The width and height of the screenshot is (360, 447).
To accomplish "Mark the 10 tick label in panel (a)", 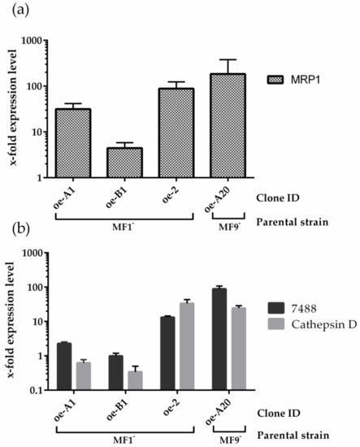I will coord(33,132).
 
